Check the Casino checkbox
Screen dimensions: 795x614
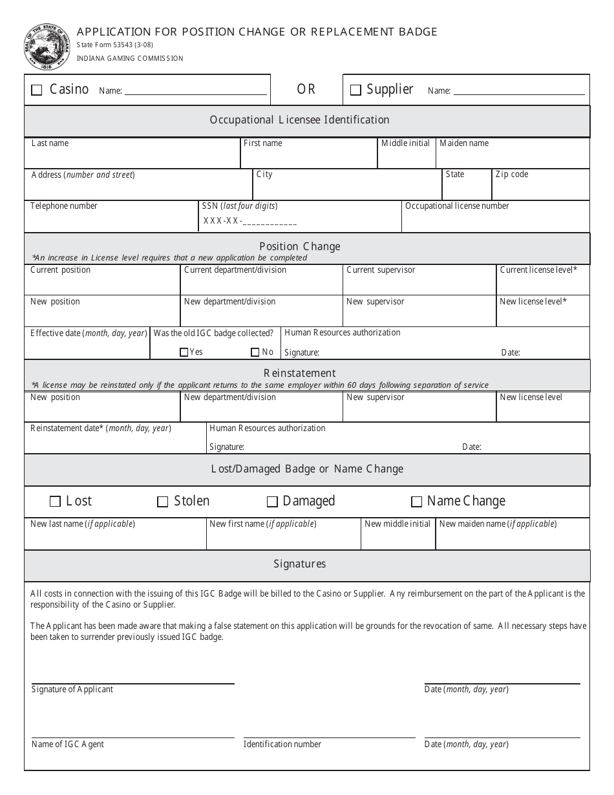click(x=37, y=90)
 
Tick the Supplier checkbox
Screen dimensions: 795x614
click(x=355, y=90)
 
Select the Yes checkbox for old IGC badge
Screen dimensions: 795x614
click(x=184, y=352)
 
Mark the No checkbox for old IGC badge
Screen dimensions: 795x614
click(x=255, y=352)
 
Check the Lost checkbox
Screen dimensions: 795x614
click(x=55, y=502)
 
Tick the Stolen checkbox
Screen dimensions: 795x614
click(x=163, y=502)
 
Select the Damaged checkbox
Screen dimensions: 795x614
click(x=272, y=502)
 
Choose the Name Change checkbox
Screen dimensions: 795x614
click(x=417, y=502)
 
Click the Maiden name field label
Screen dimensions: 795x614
click(x=464, y=143)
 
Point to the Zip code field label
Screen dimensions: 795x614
click(x=511, y=175)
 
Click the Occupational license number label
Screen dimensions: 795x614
click(x=457, y=206)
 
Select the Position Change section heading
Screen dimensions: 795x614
click(x=299, y=246)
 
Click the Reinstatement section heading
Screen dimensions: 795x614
click(x=299, y=373)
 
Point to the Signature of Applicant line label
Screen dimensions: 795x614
click(x=72, y=690)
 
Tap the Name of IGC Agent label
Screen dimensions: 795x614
click(x=67, y=745)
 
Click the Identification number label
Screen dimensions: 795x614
click(x=282, y=745)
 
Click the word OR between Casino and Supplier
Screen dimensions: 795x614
click(x=306, y=90)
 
